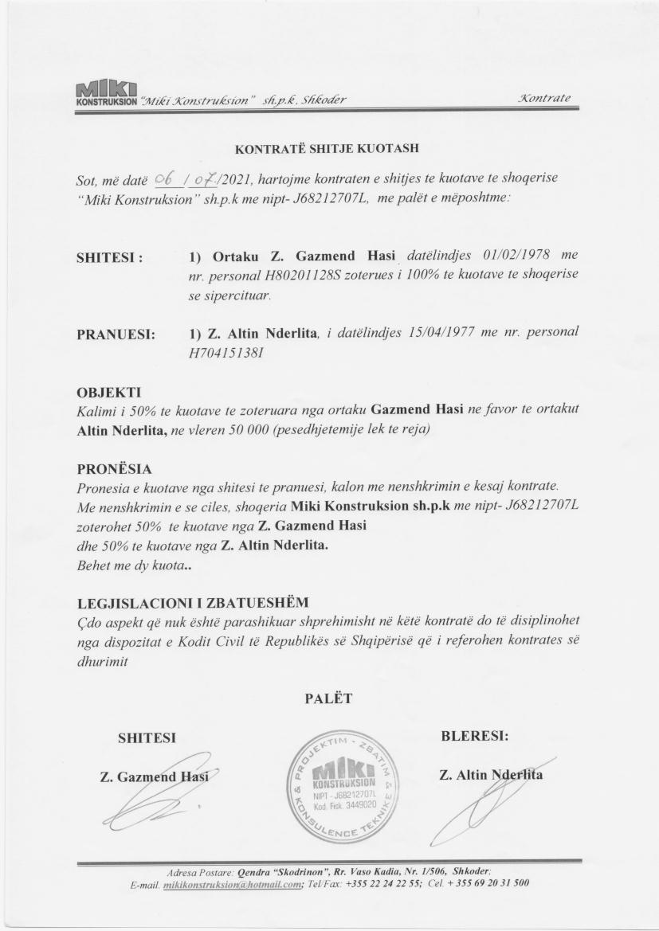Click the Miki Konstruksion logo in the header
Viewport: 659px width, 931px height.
point(104,92)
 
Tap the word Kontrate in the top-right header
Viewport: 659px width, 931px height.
point(543,98)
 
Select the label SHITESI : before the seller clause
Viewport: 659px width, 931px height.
point(109,258)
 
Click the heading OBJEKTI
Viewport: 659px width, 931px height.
point(108,393)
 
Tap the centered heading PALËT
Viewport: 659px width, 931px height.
point(328,698)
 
